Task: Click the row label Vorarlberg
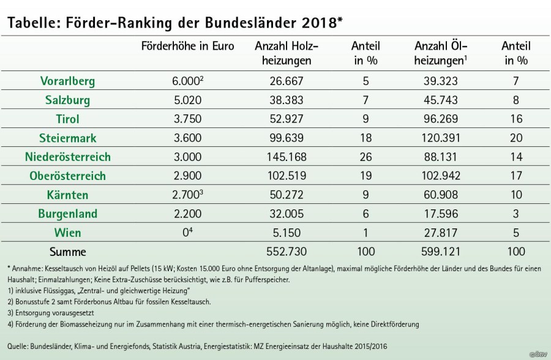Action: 67,81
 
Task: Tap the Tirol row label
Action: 67,119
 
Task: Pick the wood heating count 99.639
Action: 287,138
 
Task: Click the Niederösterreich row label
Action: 67,157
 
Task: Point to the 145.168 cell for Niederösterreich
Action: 287,157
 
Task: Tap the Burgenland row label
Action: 67,214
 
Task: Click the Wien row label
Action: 67,233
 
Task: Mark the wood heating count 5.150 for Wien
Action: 287,233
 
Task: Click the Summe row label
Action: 67,252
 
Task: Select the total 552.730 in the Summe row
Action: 287,252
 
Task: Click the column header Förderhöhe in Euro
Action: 187,47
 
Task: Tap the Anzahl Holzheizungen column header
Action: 287,53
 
